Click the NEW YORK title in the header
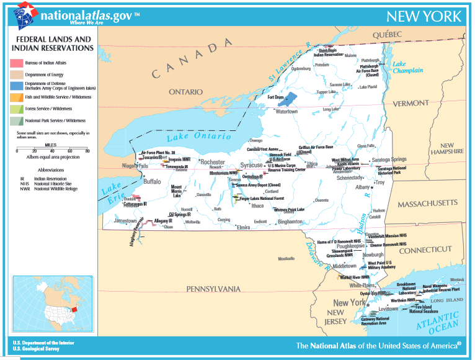click(x=424, y=16)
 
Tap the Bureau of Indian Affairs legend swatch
click(x=17, y=63)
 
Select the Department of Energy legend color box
click(x=17, y=74)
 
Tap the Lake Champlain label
click(x=407, y=67)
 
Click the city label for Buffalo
click(x=152, y=182)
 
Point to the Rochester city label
click(x=212, y=162)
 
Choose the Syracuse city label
click(x=251, y=166)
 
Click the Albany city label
click(x=363, y=187)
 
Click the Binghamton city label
click(x=290, y=222)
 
